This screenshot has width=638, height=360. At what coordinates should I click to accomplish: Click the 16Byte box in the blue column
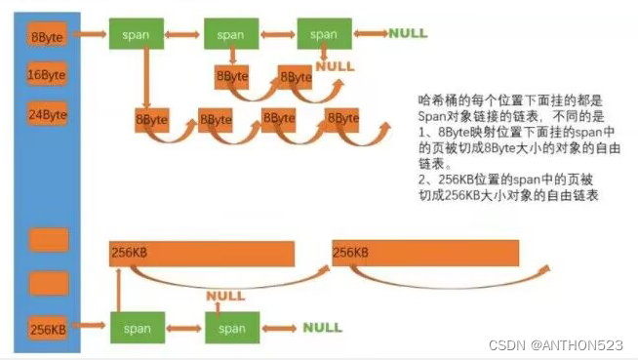click(47, 75)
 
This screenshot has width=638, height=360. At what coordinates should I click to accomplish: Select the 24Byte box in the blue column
click(47, 114)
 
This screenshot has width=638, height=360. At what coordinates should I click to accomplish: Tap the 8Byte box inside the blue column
click(47, 37)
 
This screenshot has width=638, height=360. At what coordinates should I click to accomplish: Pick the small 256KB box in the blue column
click(47, 330)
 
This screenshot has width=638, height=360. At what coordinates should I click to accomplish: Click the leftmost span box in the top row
click(136, 34)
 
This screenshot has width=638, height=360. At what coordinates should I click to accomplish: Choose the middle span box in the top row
click(230, 34)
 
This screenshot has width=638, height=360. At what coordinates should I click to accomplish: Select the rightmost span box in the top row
click(324, 34)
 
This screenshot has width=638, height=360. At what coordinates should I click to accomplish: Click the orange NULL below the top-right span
click(336, 66)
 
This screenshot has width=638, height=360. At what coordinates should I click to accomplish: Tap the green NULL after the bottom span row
click(322, 328)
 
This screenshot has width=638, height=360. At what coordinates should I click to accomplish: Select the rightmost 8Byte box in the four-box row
click(342, 119)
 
